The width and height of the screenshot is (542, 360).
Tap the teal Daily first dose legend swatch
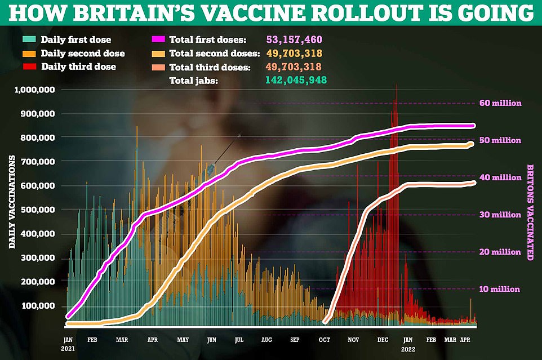click(29, 39)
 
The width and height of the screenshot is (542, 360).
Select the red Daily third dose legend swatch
click(29, 66)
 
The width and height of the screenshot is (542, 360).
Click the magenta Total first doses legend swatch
click(158, 39)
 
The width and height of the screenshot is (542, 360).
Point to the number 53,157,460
click(294, 39)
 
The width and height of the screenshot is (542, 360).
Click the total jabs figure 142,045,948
click(296, 80)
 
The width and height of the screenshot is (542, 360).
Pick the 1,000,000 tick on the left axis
click(34, 90)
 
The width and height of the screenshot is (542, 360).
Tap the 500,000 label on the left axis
click(37, 210)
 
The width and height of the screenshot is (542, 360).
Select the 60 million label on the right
click(500, 103)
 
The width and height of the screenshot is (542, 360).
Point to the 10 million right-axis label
click(500, 289)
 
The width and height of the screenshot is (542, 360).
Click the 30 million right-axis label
click(500, 215)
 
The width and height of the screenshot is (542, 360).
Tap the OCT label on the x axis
click(324, 340)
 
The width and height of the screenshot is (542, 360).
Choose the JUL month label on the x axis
click(239, 340)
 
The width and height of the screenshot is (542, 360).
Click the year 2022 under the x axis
click(408, 349)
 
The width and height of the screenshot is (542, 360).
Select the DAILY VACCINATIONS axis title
click(12, 202)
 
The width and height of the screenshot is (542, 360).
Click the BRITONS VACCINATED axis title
click(530, 212)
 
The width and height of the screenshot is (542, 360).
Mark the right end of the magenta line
click(474, 126)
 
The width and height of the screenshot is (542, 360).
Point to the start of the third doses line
click(325, 322)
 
